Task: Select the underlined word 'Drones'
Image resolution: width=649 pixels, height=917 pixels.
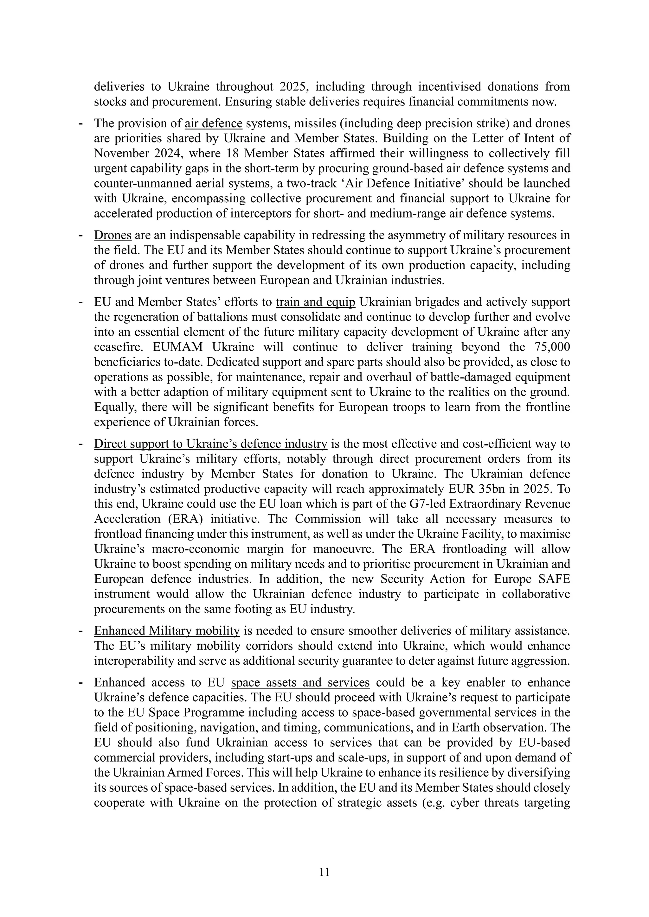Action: [113, 235]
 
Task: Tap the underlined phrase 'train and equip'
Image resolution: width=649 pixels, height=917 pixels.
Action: [315, 302]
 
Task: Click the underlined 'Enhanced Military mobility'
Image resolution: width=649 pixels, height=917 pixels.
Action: [167, 631]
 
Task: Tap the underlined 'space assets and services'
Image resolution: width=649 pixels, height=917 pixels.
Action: [300, 683]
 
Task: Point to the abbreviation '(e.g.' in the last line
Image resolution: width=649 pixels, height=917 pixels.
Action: [434, 803]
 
